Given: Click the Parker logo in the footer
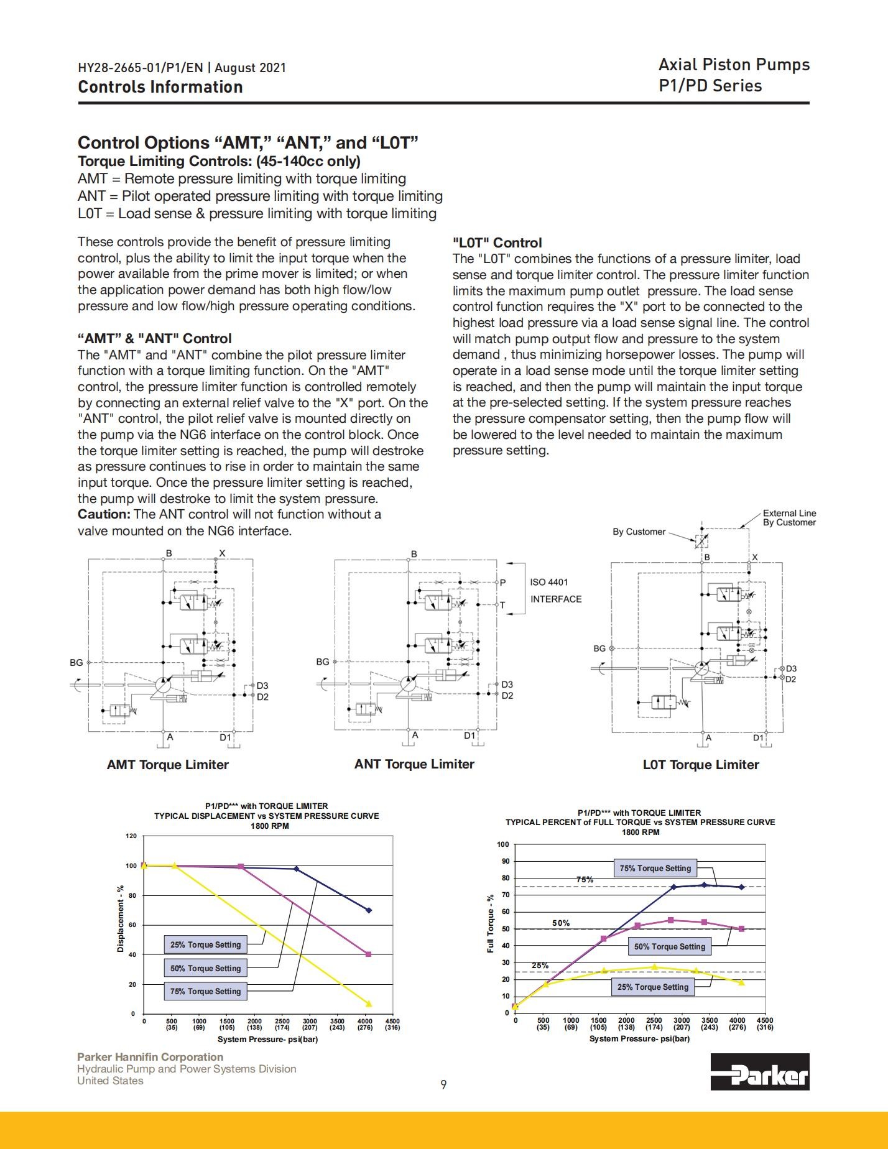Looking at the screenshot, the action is [x=760, y=1071].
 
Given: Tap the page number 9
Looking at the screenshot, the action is [x=443, y=1085].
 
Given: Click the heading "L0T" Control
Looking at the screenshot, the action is [x=497, y=243].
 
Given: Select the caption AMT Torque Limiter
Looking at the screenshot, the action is [x=168, y=765].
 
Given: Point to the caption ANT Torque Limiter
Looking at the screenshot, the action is [x=414, y=764].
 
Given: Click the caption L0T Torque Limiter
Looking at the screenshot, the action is [x=701, y=765].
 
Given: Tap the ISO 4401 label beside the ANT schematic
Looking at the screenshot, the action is [x=549, y=582].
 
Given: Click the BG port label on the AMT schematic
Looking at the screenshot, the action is [x=76, y=662].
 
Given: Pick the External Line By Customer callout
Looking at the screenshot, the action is [x=789, y=518].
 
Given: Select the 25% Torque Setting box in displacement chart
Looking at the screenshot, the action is [x=205, y=944].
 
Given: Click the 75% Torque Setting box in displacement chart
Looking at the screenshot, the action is [x=205, y=991].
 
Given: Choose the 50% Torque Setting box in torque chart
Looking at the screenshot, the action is [x=670, y=946].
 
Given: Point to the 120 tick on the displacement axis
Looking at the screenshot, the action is [x=131, y=836].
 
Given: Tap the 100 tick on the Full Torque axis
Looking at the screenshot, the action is [x=503, y=844].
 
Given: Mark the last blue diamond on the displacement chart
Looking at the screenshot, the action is [x=369, y=910].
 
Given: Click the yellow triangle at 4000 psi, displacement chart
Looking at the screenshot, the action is [x=369, y=1004].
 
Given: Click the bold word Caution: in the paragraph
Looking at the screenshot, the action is [x=104, y=514].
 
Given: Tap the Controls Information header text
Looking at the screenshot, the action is [x=160, y=87].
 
